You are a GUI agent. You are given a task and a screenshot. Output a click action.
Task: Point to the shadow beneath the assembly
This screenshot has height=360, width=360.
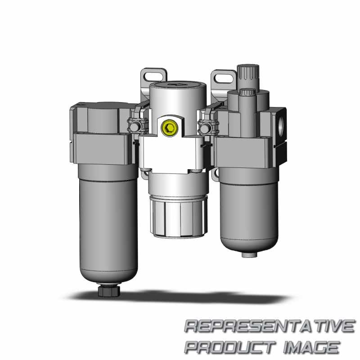(x=180, y=297)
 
